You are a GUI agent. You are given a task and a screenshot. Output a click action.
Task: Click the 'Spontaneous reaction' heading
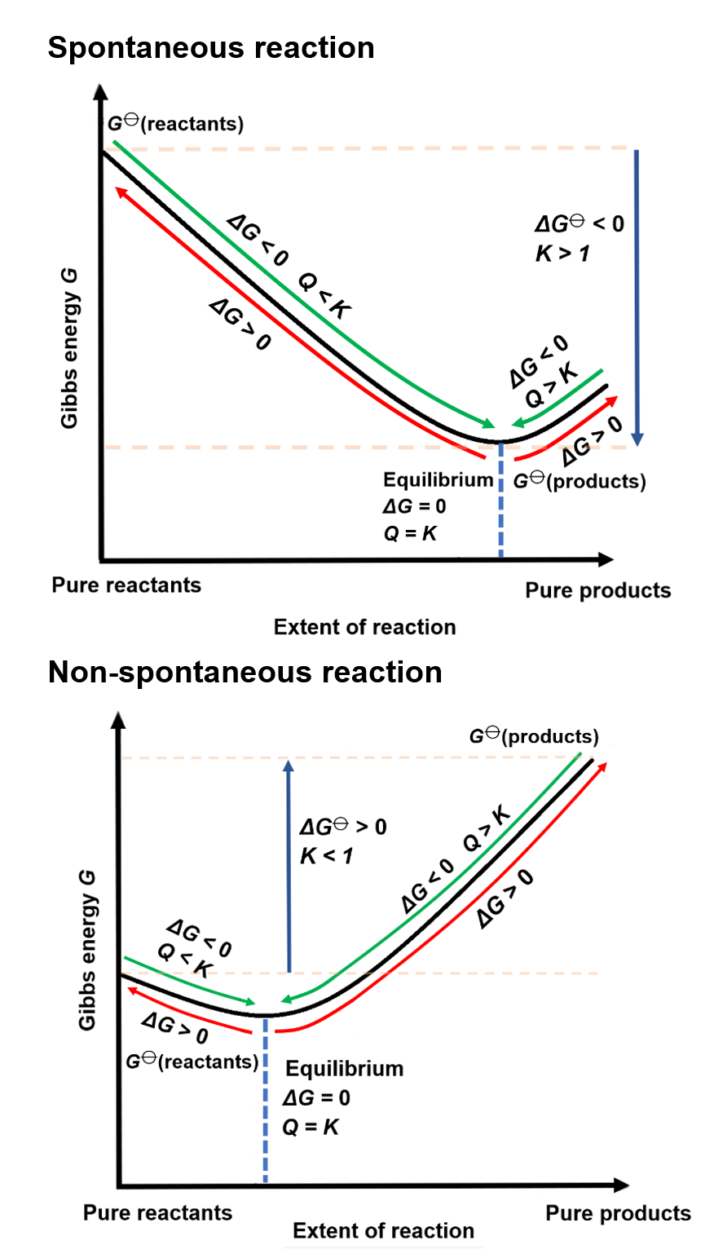point(211,48)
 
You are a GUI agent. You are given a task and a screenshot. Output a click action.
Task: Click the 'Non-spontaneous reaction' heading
point(245,673)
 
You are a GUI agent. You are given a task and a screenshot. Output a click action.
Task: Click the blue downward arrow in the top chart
point(637,294)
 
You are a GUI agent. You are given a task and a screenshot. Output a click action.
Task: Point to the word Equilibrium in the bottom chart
point(345,1068)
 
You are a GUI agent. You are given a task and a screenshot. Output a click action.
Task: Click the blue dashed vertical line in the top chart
point(500,505)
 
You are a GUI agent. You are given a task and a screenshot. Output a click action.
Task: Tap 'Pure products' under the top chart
point(598,590)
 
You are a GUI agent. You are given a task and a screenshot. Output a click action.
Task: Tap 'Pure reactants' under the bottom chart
point(157,1212)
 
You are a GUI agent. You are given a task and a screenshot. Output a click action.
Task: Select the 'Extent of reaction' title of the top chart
point(364,627)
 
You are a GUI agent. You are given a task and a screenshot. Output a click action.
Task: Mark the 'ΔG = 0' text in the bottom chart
point(317,1098)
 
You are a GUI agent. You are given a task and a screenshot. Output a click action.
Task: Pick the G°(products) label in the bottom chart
point(533,736)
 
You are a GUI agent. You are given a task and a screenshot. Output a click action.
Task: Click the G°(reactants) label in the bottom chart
point(192,1062)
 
